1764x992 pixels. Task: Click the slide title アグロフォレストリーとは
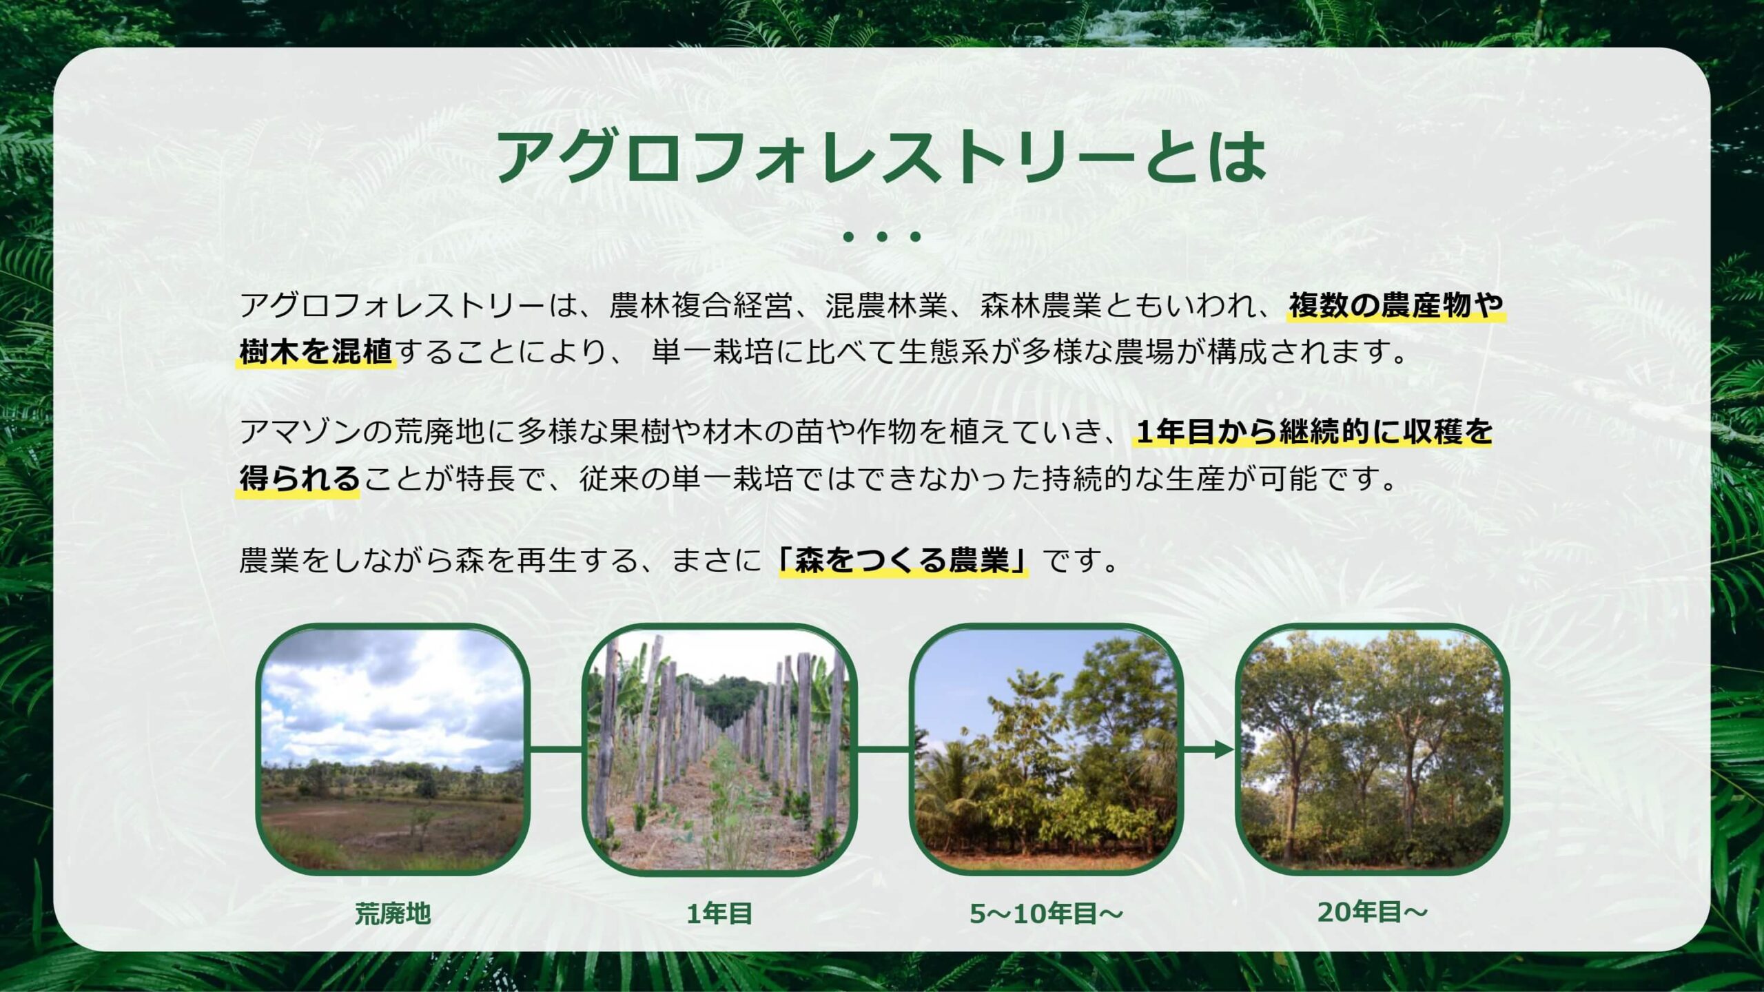click(881, 157)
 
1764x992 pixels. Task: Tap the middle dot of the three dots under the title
click(881, 237)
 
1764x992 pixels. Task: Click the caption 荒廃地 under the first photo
click(393, 913)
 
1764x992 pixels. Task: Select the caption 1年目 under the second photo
click(719, 913)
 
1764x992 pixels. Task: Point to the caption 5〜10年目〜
click(1047, 913)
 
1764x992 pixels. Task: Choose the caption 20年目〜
click(1373, 912)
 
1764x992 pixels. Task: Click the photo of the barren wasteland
click(393, 750)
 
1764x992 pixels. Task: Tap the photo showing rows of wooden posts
click(719, 750)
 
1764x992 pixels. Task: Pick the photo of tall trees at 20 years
click(1373, 750)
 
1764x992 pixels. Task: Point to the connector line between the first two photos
click(556, 750)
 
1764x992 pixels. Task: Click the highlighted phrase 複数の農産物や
click(1396, 305)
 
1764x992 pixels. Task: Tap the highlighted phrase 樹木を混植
click(316, 352)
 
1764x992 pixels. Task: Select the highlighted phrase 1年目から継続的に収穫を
click(1313, 432)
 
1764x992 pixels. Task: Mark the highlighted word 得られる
click(299, 479)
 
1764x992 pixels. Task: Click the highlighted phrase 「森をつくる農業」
click(903, 560)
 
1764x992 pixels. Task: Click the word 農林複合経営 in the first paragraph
click(701, 305)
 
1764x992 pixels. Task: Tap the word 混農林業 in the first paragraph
click(887, 305)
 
